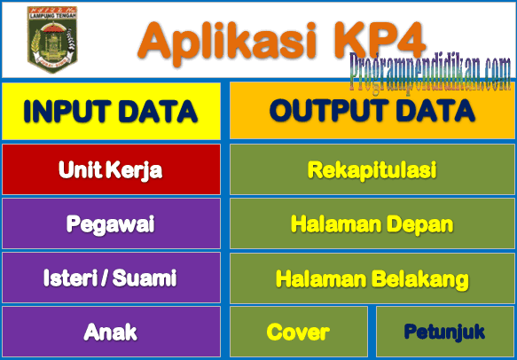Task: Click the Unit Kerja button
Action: point(111,169)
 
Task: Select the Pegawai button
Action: point(111,223)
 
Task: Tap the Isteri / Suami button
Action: point(111,278)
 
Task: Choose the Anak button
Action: point(111,333)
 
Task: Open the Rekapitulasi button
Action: point(372,169)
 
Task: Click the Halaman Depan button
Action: point(372,223)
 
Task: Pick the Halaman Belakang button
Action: point(372,278)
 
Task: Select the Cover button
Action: point(298,333)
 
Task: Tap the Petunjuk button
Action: point(444,333)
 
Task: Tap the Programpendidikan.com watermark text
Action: point(429,67)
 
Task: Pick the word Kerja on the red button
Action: point(137,169)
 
